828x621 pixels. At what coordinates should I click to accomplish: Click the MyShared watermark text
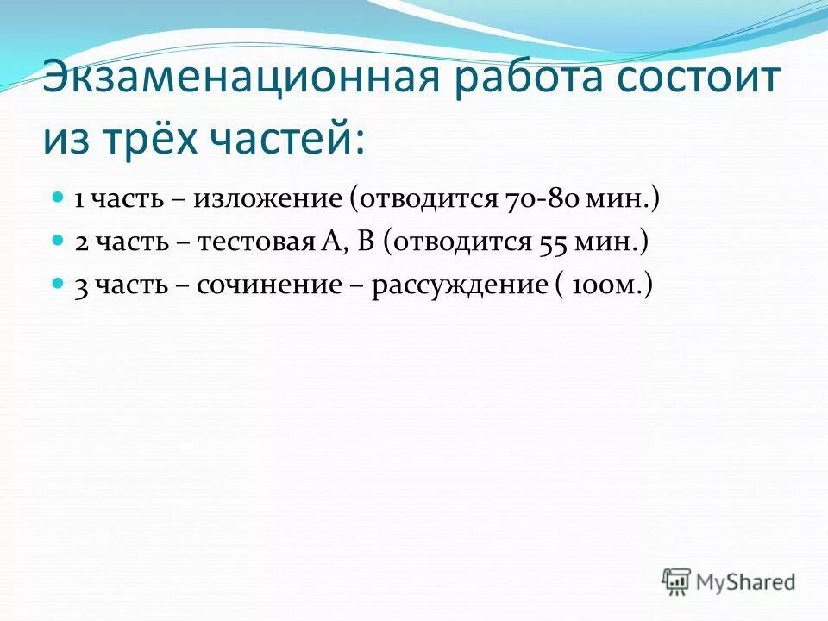tap(746, 582)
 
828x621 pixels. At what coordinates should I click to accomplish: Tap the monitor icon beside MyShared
tap(677, 580)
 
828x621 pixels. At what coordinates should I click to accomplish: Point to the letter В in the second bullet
tap(365, 242)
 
